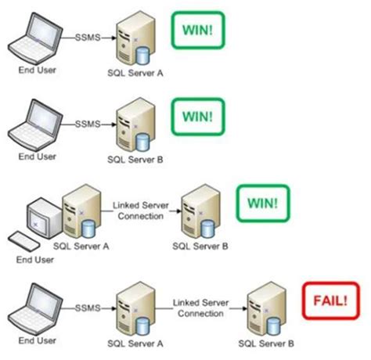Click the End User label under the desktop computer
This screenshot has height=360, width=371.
pos(38,252)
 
